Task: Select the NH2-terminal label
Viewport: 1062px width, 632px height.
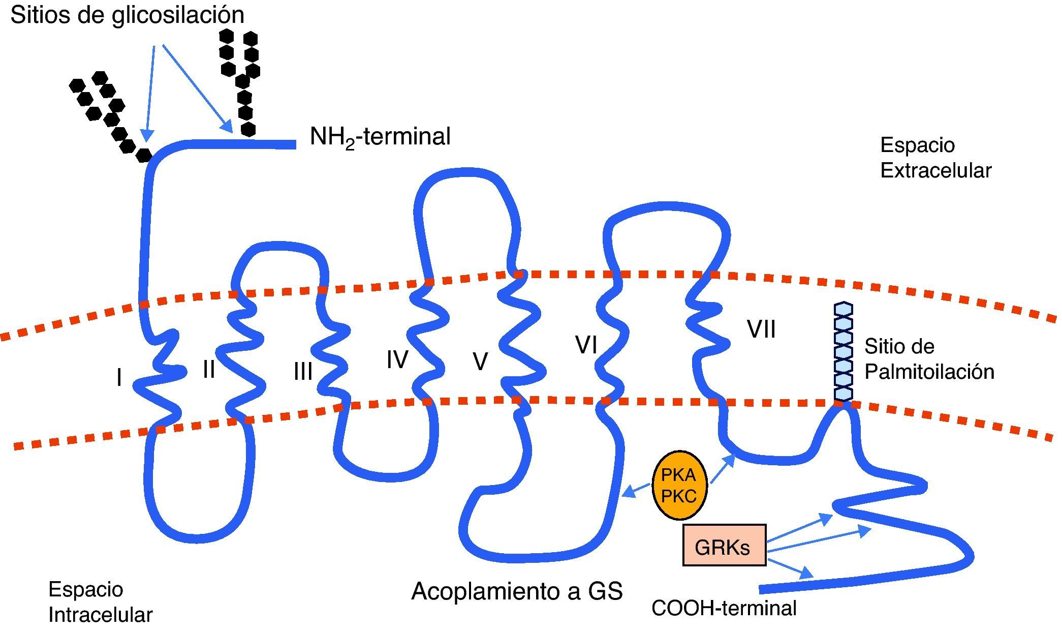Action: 380,137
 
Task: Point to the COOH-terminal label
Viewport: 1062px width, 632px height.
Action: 724,608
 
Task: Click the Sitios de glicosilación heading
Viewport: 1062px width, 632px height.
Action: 127,15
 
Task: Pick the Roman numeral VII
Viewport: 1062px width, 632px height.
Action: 761,329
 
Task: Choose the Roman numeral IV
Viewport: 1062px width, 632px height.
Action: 397,359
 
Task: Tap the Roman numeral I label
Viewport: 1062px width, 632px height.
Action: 119,378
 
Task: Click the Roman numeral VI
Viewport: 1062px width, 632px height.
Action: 586,345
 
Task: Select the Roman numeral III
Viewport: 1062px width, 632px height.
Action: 303,372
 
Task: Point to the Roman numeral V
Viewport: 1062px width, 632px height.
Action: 480,362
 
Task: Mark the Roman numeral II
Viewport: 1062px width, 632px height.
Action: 209,369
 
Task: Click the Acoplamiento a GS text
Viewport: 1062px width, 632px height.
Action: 517,591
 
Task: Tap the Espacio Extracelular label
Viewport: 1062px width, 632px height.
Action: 935,158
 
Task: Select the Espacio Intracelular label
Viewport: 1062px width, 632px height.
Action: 100,602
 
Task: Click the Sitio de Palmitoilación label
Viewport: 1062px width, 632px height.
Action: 929,359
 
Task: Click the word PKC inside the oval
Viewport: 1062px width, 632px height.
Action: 678,496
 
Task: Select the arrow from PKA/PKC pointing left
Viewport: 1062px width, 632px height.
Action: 637,490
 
